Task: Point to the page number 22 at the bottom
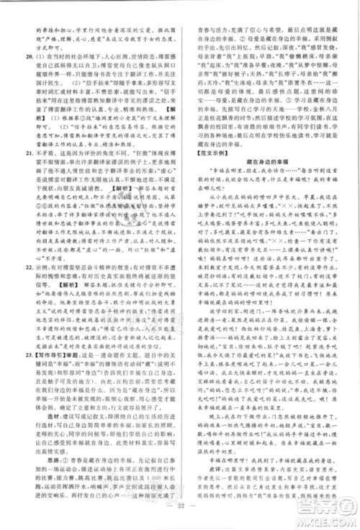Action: point(180,511)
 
